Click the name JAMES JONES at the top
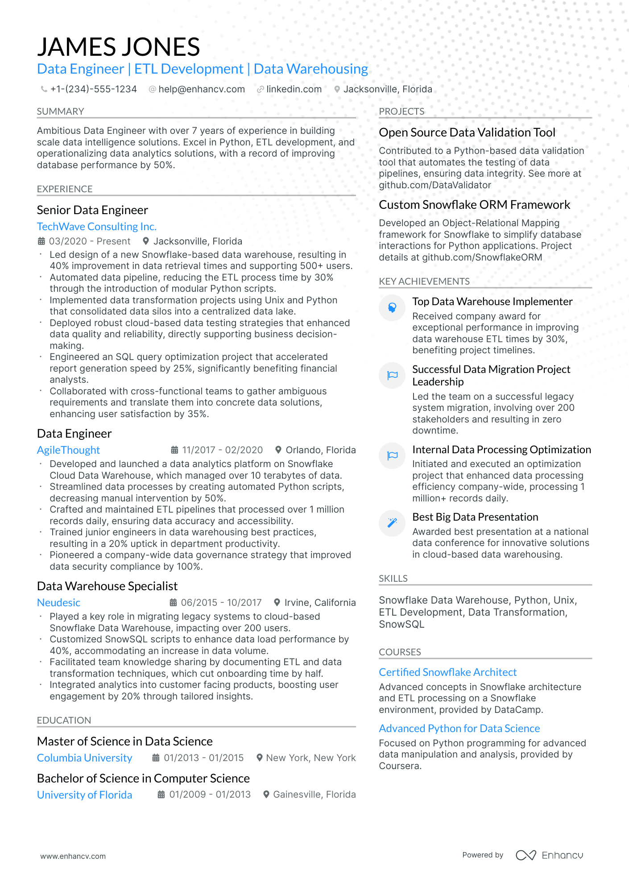(x=118, y=47)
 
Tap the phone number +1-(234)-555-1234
(x=93, y=89)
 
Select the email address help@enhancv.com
(x=201, y=89)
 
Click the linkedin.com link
(x=294, y=89)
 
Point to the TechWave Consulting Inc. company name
(x=96, y=227)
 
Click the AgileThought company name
(x=68, y=450)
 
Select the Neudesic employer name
(x=58, y=603)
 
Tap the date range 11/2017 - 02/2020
(x=222, y=450)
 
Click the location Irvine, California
(x=320, y=603)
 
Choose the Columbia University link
(x=84, y=758)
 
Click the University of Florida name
(x=84, y=795)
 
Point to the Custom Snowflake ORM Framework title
(x=474, y=205)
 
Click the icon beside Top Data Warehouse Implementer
(x=392, y=307)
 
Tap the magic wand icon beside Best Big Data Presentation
(x=392, y=522)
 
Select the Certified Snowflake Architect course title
(x=447, y=672)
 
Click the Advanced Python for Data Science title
(x=459, y=729)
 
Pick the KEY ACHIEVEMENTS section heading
(x=424, y=281)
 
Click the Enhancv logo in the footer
(x=549, y=855)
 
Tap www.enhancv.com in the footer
(x=73, y=857)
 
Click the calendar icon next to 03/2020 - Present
(x=41, y=241)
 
